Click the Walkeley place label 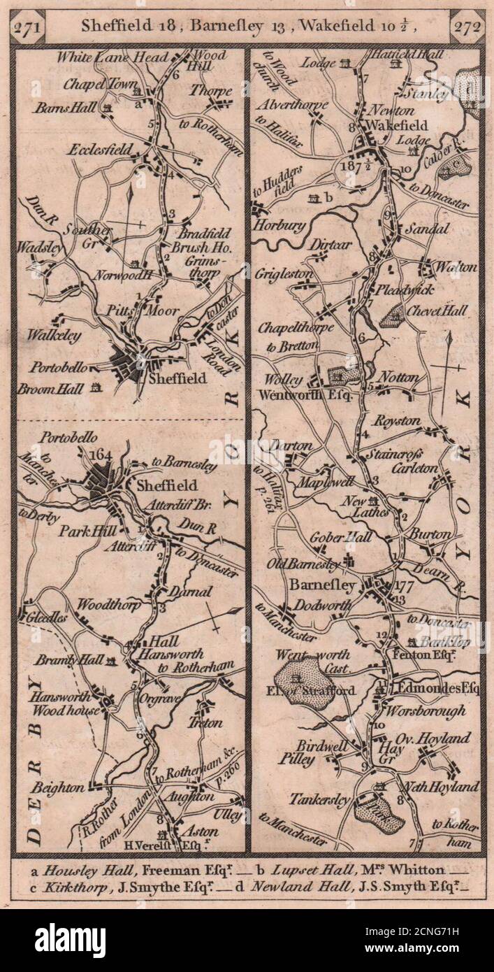click(x=54, y=336)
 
